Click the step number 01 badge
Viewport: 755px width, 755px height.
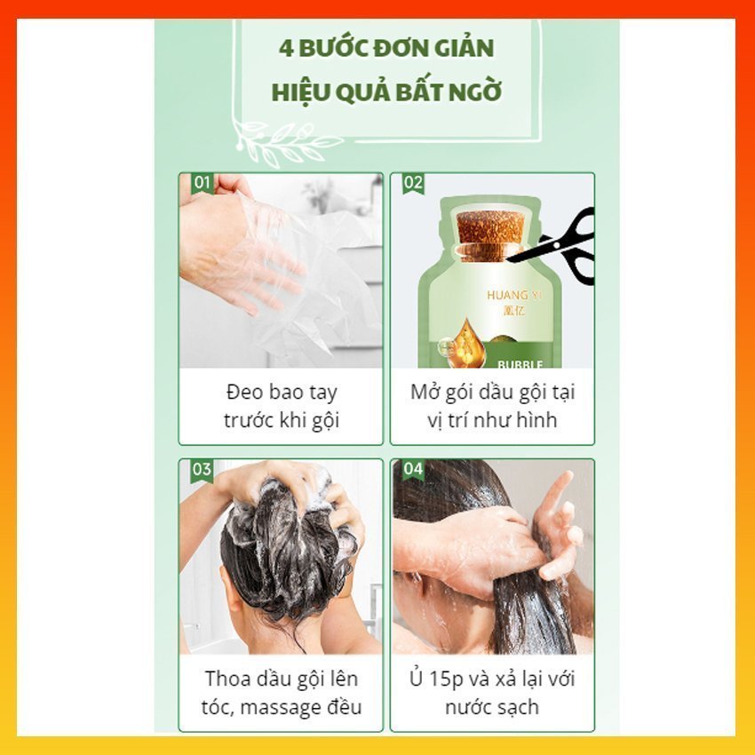[203, 184]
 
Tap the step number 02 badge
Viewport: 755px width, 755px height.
[413, 184]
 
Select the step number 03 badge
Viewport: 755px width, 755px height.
[203, 470]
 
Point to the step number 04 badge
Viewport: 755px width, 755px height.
[413, 470]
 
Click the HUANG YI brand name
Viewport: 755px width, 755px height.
[514, 295]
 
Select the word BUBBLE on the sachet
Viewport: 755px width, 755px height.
[520, 364]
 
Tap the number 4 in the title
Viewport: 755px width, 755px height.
[286, 49]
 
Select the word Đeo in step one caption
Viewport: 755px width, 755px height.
[244, 392]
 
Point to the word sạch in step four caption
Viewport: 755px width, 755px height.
[519, 708]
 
